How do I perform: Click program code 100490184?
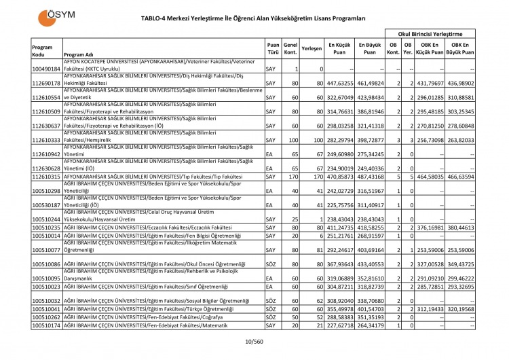tap(46, 69)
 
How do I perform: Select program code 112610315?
tap(46, 176)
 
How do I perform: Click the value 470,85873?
tap(340, 176)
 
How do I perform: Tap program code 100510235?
tap(46, 227)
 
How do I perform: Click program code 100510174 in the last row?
tap(46, 325)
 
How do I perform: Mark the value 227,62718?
tap(340, 325)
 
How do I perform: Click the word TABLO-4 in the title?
tap(159, 18)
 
